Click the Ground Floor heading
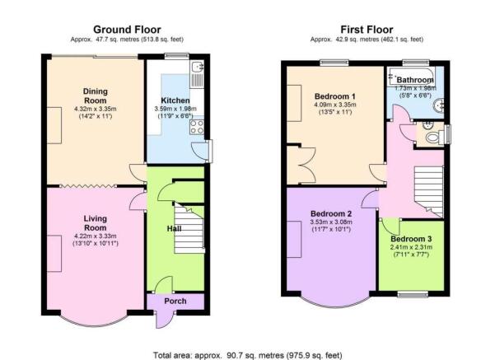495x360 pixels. click(127, 30)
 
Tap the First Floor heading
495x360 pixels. click(367, 30)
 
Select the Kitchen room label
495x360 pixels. click(175, 101)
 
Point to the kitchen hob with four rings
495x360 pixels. click(197, 127)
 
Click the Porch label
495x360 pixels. click(175, 302)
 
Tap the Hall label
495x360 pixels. click(174, 228)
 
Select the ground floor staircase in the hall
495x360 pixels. click(189, 228)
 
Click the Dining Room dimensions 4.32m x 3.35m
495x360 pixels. click(96, 109)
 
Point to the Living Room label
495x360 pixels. click(96, 223)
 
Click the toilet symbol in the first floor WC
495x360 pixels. click(432, 138)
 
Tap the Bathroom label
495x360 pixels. click(415, 80)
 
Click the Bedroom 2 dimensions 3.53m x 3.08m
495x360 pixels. click(331, 222)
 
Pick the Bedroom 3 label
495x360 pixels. click(411, 239)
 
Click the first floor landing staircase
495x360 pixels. click(429, 192)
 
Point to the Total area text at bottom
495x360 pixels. click(248, 355)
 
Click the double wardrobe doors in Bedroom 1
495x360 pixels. click(306, 165)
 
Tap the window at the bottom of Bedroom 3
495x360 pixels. click(413, 294)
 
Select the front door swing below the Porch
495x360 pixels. click(165, 320)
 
